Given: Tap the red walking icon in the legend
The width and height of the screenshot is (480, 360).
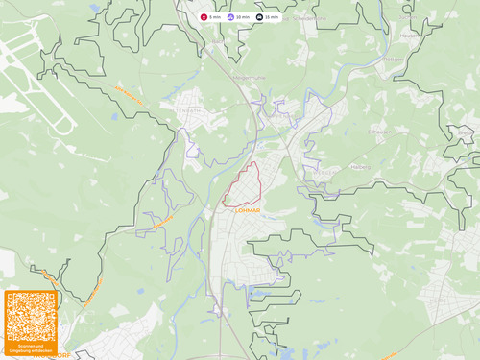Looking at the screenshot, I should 204,17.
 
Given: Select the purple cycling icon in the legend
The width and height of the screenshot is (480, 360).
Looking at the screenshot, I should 231,17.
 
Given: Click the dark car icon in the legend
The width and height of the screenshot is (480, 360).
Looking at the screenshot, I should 260,17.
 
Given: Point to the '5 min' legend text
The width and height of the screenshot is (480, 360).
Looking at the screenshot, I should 215,17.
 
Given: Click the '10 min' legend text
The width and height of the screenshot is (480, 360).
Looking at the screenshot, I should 243,17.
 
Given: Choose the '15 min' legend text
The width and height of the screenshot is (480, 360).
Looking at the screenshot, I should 273,17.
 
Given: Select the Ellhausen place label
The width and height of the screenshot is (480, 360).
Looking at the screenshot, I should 380,132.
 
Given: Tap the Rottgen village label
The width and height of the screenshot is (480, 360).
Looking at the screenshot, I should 394,57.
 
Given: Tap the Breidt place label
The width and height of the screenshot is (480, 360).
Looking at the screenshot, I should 466,130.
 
